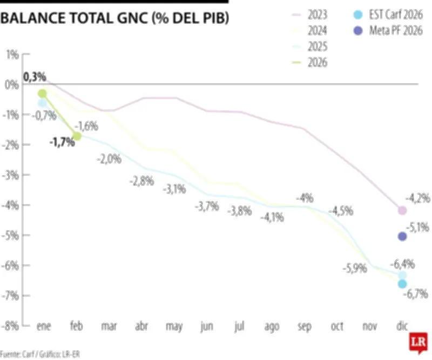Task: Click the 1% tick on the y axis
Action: [x=12, y=54]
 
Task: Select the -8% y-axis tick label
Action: [x=11, y=326]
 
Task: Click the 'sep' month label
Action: [x=304, y=326]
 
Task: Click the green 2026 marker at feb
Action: [x=77, y=136]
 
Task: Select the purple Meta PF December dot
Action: [x=402, y=236]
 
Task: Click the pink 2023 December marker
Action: [x=402, y=210]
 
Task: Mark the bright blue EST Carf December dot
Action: [x=402, y=284]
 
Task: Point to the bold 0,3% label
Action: [x=35, y=77]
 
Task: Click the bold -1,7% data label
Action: [x=62, y=143]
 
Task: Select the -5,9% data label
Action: [x=355, y=268]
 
